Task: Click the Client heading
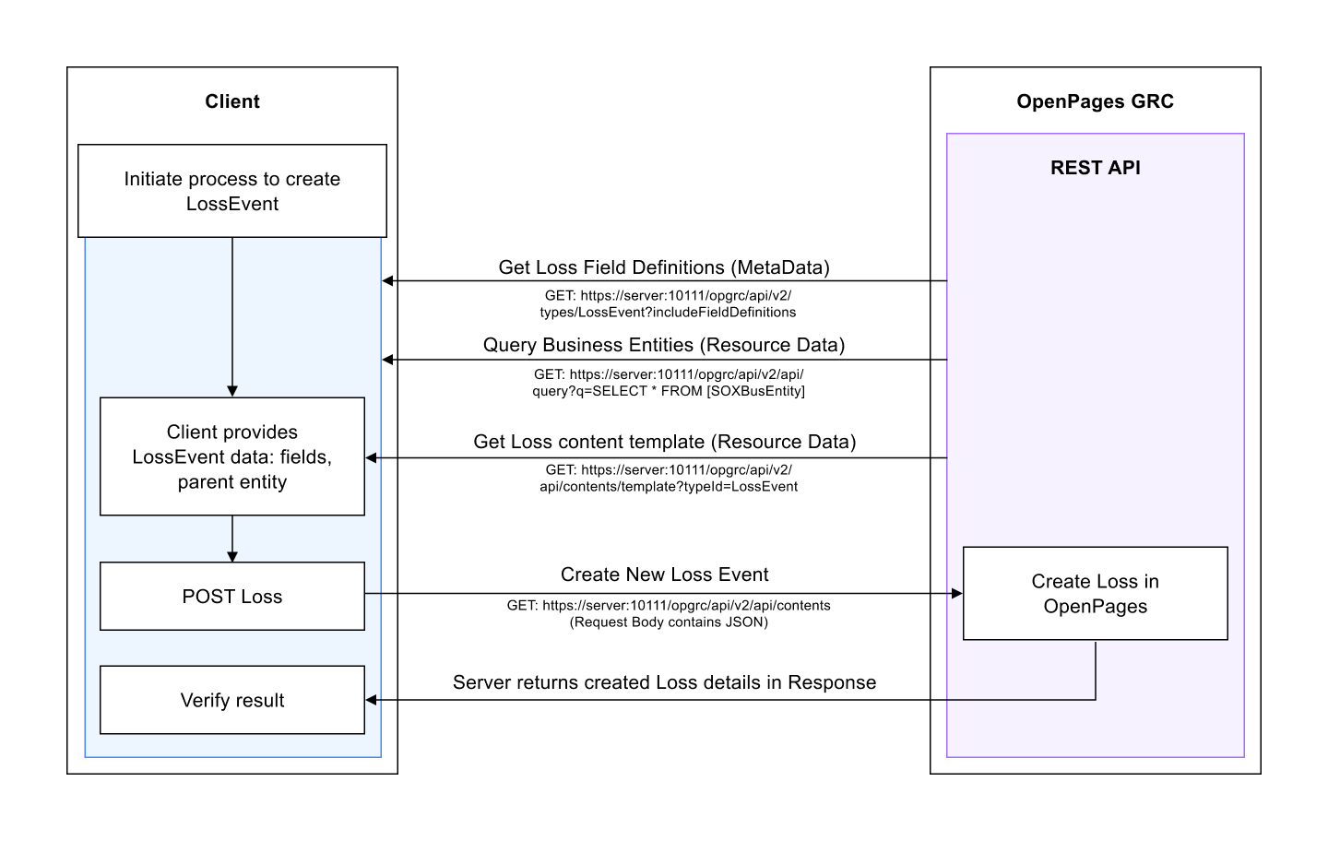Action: [232, 101]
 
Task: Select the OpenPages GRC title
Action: [1095, 101]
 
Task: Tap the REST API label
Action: [1095, 168]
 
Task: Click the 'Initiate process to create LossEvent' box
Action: [232, 191]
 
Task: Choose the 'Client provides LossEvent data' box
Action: [232, 456]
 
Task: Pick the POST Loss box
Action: [232, 597]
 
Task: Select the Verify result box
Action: [232, 700]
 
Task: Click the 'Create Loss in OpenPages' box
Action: [1095, 594]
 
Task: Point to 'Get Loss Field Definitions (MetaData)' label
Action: [664, 267]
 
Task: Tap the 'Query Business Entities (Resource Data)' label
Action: [664, 345]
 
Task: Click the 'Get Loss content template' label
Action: [664, 442]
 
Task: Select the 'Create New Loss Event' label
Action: [664, 574]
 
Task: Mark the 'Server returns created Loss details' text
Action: [664, 682]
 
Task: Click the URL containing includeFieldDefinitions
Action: [668, 312]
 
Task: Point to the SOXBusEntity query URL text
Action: [668, 391]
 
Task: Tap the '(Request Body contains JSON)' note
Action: [669, 622]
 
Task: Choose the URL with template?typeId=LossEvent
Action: [669, 486]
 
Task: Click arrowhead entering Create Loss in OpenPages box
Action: [957, 594]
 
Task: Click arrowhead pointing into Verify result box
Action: [372, 700]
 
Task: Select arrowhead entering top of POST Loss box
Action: [232, 556]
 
